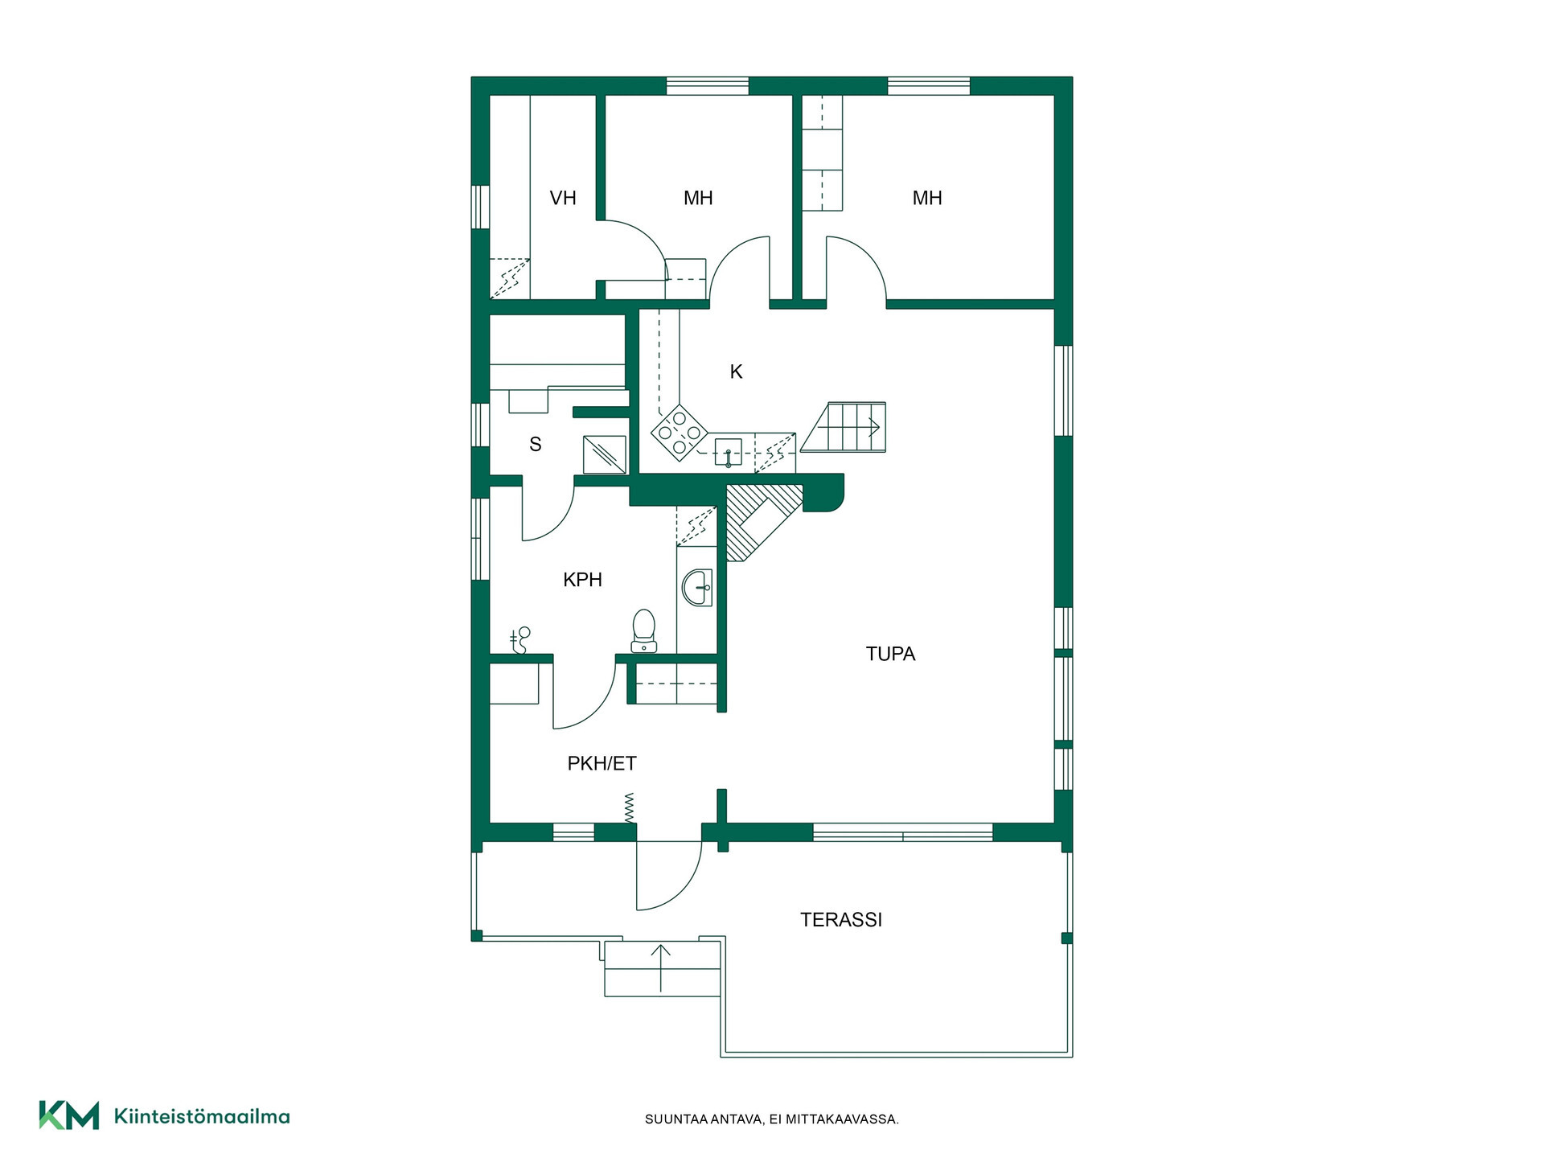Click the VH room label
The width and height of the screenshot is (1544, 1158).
(563, 198)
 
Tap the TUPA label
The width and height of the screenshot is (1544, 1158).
(890, 654)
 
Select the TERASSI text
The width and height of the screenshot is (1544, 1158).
(841, 920)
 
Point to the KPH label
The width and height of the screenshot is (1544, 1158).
(582, 580)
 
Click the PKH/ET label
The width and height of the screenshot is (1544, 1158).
(602, 764)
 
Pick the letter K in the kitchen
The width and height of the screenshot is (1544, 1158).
(736, 372)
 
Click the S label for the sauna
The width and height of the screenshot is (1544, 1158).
(536, 444)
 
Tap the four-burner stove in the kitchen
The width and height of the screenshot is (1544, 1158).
(680, 433)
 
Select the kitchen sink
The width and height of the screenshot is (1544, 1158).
(728, 453)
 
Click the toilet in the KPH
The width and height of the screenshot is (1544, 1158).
(643, 630)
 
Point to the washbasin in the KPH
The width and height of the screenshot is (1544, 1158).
(697, 588)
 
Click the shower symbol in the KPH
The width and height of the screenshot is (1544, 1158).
(521, 640)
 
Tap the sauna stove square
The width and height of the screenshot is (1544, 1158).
(605, 454)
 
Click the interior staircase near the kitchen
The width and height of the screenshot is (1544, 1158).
(844, 427)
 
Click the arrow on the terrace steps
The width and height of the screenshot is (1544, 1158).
(661, 967)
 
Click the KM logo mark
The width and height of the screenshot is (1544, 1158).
(69, 1115)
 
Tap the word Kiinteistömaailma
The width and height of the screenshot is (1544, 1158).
(202, 1116)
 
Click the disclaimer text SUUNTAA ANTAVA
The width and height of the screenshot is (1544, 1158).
(704, 1119)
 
